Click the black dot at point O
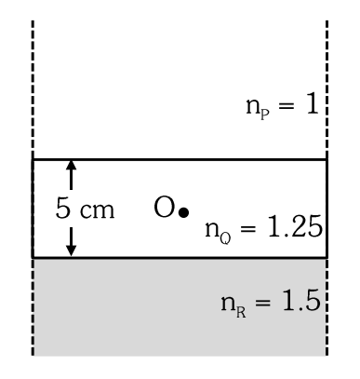pyautogui.click(x=184, y=212)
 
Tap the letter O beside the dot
pyautogui.click(x=164, y=207)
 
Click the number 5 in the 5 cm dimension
pyautogui.click(x=63, y=208)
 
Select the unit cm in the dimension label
pyautogui.click(x=98, y=210)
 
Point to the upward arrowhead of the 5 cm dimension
pyautogui.click(x=72, y=165)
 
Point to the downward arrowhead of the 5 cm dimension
pyautogui.click(x=72, y=250)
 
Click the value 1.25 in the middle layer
pyautogui.click(x=295, y=227)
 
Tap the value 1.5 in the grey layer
pyautogui.click(x=301, y=300)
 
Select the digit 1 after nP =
pyautogui.click(x=313, y=104)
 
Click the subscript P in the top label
pyautogui.click(x=265, y=115)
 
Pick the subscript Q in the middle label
pyautogui.click(x=225, y=238)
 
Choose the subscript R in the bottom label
pyautogui.click(x=241, y=312)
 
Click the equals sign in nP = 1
pyautogui.click(x=286, y=106)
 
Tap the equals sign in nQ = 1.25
pyautogui.click(x=248, y=229)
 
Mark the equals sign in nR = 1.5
pyautogui.click(x=262, y=303)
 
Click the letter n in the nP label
pyautogui.click(x=253, y=106)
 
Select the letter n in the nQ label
pyautogui.click(x=212, y=230)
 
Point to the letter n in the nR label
pyautogui.click(x=228, y=303)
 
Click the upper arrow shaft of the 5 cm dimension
pyautogui.click(x=72, y=180)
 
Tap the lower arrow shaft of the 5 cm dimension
pyautogui.click(x=72, y=237)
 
